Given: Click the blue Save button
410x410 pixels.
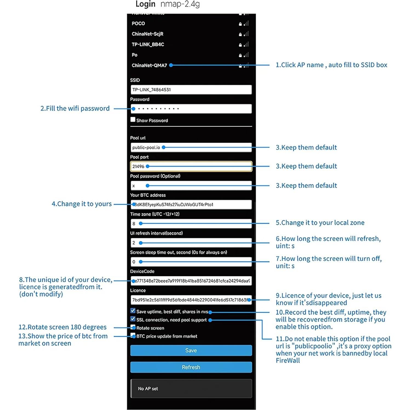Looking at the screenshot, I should (x=191, y=350).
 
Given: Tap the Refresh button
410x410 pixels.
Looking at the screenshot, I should (x=191, y=367).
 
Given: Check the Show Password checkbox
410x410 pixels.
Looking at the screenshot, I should (x=133, y=120).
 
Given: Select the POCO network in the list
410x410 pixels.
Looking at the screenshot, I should (x=138, y=24).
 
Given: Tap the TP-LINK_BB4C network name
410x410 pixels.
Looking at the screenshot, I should (x=148, y=44).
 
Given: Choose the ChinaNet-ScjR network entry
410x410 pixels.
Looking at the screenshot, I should (x=147, y=34).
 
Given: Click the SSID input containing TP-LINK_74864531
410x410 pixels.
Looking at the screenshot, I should (x=191, y=90).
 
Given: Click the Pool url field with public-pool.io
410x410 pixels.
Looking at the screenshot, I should (x=191, y=147).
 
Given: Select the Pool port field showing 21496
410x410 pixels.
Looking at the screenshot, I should (x=191, y=167).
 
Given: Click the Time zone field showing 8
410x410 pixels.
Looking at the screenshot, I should (x=191, y=224).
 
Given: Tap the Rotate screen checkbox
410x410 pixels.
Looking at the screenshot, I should (x=133, y=327).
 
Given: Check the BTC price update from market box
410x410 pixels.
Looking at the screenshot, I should (x=133, y=336).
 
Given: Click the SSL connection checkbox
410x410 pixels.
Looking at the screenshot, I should (x=133, y=319).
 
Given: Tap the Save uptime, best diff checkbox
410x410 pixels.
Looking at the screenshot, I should (x=133, y=311).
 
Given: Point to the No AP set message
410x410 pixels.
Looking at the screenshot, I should (x=148, y=389).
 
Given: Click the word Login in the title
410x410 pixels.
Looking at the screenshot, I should (x=145, y=4).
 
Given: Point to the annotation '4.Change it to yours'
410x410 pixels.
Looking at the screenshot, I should (x=82, y=204).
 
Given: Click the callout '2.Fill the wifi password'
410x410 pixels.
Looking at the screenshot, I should (x=75, y=108).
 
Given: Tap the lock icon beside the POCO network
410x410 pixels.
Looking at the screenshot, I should (x=240, y=24).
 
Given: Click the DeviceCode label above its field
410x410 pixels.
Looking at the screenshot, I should (x=142, y=271).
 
